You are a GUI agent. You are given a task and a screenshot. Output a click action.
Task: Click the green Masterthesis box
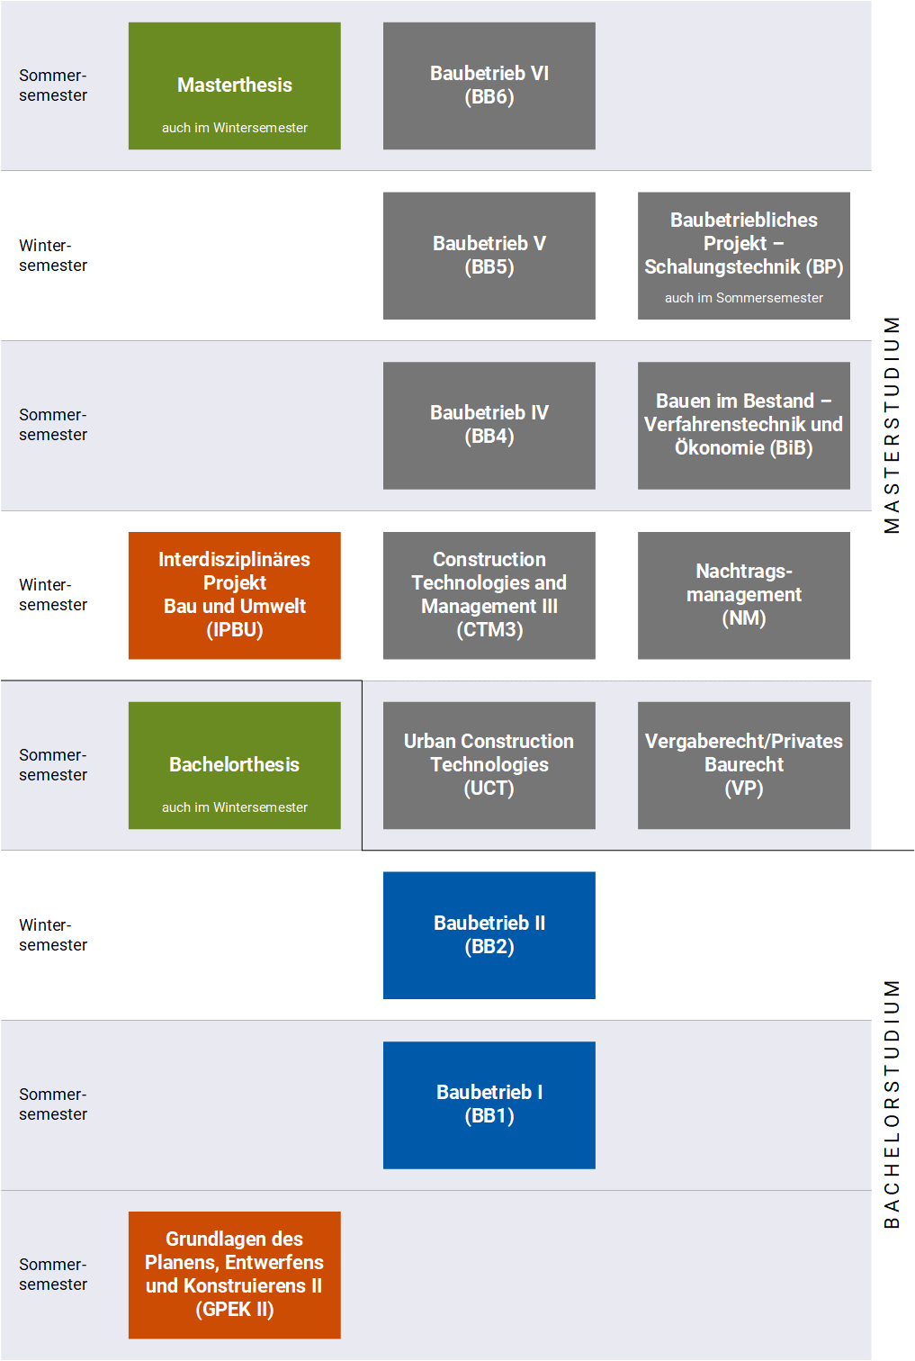(x=234, y=86)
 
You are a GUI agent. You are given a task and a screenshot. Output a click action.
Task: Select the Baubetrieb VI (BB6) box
(x=489, y=86)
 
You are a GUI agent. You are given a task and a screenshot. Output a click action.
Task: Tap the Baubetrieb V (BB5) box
(x=489, y=256)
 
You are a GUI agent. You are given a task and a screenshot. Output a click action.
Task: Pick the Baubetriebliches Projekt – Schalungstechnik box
(x=744, y=256)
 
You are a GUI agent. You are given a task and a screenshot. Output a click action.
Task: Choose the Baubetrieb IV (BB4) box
(x=489, y=425)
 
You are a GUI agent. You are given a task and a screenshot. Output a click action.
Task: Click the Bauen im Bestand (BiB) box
(x=744, y=425)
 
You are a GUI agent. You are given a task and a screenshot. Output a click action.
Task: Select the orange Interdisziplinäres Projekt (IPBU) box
(x=234, y=596)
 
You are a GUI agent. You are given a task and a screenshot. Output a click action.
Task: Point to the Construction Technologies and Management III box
(x=489, y=596)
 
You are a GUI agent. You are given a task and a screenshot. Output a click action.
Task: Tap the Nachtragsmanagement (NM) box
(x=744, y=596)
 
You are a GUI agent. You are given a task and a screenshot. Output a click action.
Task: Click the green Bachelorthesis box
(x=234, y=765)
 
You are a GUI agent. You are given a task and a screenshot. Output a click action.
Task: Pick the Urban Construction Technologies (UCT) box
(x=489, y=765)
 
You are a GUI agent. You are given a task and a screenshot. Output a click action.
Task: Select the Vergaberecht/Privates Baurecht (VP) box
(x=744, y=765)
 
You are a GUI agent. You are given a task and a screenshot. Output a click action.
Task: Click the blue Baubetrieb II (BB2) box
(x=489, y=935)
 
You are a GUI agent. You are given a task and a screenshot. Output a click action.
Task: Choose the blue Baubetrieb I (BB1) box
(x=489, y=1105)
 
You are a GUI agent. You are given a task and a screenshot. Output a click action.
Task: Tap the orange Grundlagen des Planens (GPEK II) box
(x=234, y=1275)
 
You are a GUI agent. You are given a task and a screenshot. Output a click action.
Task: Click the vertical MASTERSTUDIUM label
(x=892, y=425)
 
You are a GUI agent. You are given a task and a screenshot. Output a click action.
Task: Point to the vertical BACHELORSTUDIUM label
(x=892, y=1104)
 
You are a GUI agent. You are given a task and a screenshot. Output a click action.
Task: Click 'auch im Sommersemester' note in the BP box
(x=744, y=298)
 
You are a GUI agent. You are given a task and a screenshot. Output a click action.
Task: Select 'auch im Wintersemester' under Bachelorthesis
(x=234, y=807)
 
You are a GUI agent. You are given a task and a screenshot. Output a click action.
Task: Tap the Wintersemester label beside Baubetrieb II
(x=53, y=935)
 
